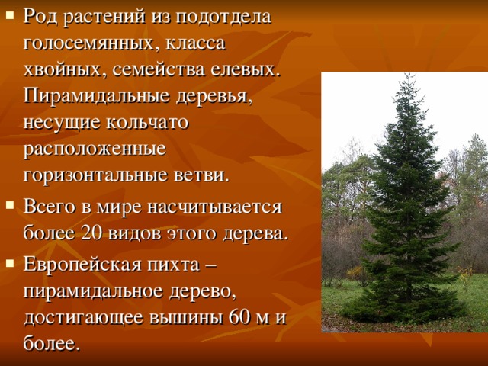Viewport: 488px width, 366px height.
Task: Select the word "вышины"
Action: (x=187, y=318)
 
